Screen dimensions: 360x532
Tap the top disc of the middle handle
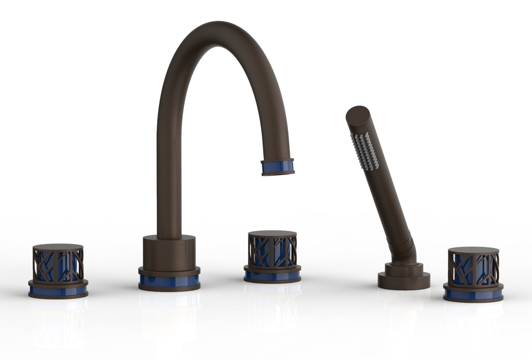[x=272, y=233]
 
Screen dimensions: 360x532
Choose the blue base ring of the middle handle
[x=272, y=276]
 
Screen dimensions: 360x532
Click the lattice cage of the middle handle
[x=272, y=252]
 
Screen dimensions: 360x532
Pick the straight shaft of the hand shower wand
[x=382, y=187]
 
